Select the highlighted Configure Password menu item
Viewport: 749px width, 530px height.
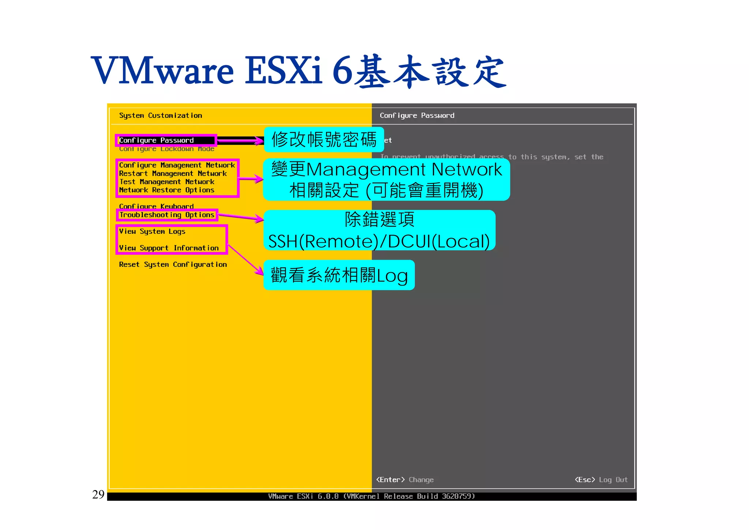(157, 140)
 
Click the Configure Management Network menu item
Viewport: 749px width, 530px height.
(177, 165)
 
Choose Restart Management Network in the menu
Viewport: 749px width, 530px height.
(173, 173)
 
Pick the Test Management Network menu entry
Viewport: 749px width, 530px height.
(166, 182)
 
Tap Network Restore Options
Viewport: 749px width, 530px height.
(166, 190)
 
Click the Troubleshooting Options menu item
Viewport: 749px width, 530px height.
(166, 215)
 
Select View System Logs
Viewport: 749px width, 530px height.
(152, 231)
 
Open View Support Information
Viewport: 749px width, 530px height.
(169, 248)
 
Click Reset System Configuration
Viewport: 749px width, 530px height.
(173, 264)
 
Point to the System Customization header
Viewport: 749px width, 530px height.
(160, 115)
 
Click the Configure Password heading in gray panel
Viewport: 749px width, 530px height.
(417, 115)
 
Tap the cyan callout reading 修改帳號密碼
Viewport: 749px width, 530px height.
(324, 139)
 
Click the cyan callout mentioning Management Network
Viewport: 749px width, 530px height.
(386, 179)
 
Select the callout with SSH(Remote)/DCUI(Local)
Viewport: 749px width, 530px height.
(379, 230)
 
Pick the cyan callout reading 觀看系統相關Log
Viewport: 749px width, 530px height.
(339, 275)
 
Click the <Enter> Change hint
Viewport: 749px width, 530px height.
(405, 479)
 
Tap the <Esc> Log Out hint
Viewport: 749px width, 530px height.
(601, 479)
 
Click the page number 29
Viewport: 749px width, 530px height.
(98, 494)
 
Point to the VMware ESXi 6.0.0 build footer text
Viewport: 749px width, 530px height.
(371, 496)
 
